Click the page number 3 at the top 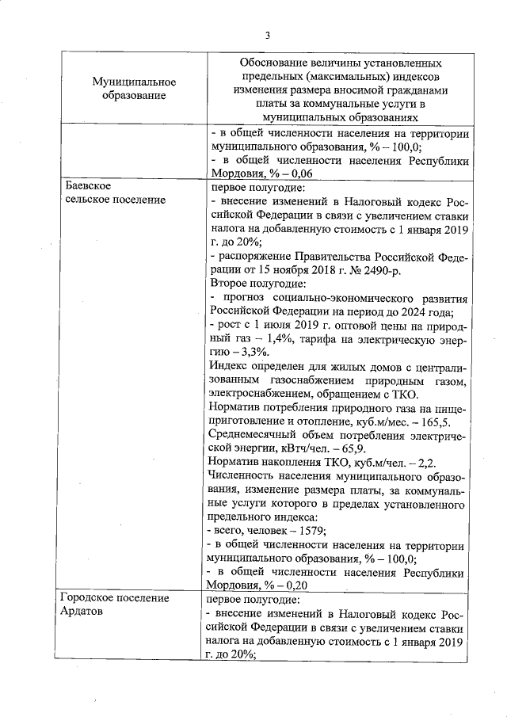tap(267, 36)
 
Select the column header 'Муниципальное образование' tap(133, 89)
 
